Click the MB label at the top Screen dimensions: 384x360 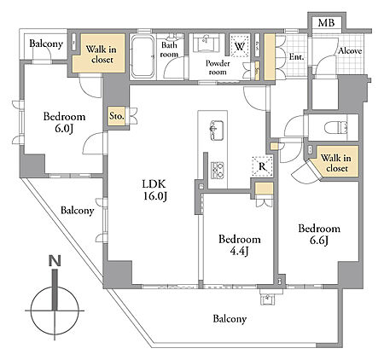326,22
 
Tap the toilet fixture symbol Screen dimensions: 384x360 336,127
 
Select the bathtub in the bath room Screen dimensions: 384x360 143,56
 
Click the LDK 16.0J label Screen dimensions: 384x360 154,190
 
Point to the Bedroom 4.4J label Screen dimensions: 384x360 240,245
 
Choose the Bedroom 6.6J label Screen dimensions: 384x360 319,235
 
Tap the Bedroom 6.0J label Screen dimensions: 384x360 64,122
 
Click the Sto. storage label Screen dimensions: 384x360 117,116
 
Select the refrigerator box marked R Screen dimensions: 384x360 262,166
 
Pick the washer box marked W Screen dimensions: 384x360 240,46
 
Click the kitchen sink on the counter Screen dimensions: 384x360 217,131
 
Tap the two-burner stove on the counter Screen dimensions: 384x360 218,170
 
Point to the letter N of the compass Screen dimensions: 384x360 55,261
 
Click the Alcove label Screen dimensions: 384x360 350,51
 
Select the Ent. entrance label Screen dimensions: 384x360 296,57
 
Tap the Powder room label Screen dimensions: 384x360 218,67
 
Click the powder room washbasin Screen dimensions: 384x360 207,43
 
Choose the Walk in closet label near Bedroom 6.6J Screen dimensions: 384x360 336,163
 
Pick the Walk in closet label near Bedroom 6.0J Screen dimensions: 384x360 102,55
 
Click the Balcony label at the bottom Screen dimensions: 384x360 230,319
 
